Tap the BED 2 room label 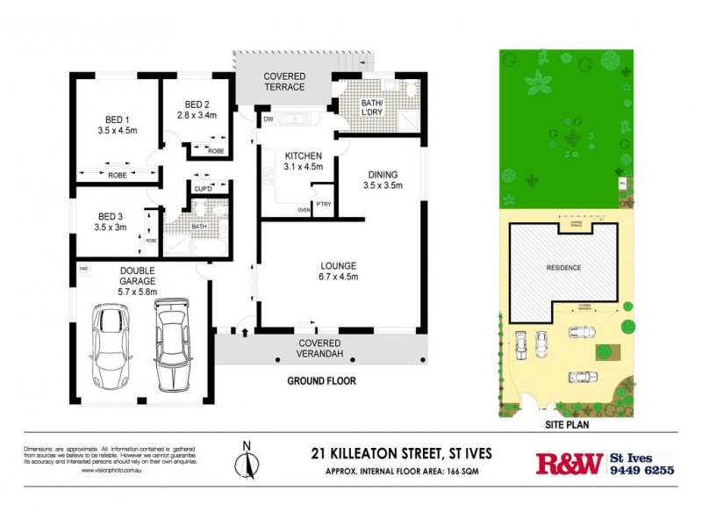(x=189, y=105)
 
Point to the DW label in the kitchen (x=268, y=118)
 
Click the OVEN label (x=304, y=210)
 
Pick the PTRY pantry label (x=324, y=205)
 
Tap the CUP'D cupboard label (x=202, y=188)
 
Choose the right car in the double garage (x=170, y=344)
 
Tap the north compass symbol (x=247, y=460)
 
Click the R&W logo (x=569, y=463)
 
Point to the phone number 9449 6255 (x=642, y=471)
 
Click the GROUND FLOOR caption (x=321, y=381)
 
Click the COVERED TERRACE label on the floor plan (x=285, y=81)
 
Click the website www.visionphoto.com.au (x=111, y=471)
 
